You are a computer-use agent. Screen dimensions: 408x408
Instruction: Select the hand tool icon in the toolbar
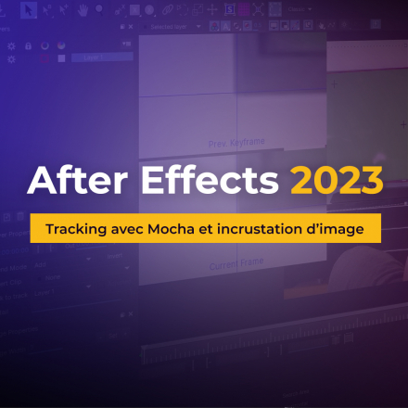tap(83, 11)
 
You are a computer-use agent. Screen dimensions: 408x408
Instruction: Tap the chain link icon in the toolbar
tap(168, 10)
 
